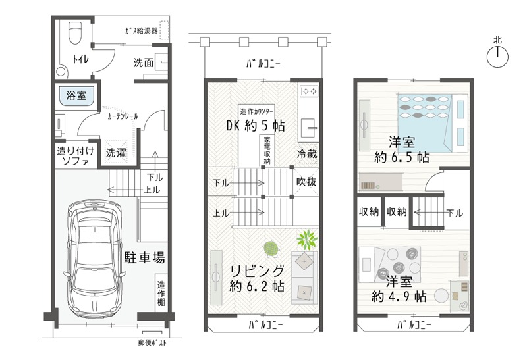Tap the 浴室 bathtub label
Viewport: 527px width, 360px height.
[x=76, y=95]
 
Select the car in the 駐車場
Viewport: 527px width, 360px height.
[x=94, y=259]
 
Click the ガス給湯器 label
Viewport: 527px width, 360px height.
[x=142, y=31]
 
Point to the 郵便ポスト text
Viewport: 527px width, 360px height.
[x=152, y=342]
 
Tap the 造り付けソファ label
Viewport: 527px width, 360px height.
[x=76, y=156]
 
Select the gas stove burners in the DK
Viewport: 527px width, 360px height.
[x=309, y=91]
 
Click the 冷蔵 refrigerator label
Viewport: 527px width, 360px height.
[x=307, y=154]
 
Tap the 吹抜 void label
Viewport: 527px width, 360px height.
[x=306, y=182]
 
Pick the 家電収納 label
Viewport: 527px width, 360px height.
[x=267, y=150]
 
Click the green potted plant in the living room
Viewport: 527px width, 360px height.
[x=306, y=240]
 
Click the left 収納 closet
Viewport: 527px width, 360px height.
[x=369, y=211]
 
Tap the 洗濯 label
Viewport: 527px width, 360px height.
[x=116, y=153]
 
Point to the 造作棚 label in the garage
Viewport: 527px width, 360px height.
[x=161, y=293]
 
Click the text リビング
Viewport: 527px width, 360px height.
[x=258, y=270]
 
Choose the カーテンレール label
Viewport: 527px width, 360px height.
[x=123, y=117]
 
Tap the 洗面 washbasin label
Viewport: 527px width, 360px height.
[x=144, y=63]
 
